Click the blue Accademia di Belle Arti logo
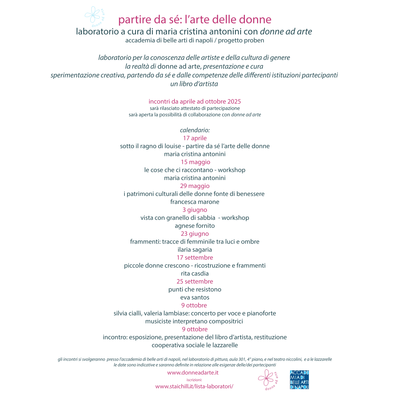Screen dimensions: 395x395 tap(299, 380)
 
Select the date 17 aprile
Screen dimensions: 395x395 tap(195, 138)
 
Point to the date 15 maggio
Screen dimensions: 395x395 tap(196, 162)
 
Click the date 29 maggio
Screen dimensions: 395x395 tap(195, 186)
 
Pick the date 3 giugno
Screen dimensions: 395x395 tap(195, 210)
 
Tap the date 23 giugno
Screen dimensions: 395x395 tap(195, 234)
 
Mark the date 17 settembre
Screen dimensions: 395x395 tap(195, 257)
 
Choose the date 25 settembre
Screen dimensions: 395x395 tap(195, 281)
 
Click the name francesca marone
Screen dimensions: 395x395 tap(195, 202)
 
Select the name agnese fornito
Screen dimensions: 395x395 tap(195, 226)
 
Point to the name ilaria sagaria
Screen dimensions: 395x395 tap(195, 250)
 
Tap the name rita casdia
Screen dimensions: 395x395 tap(195, 274)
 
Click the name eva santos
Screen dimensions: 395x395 tap(195, 298)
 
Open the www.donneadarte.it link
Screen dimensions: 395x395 tap(193, 373)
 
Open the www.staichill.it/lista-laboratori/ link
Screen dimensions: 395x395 tap(194, 386)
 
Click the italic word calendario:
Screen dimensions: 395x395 tap(195, 130)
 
